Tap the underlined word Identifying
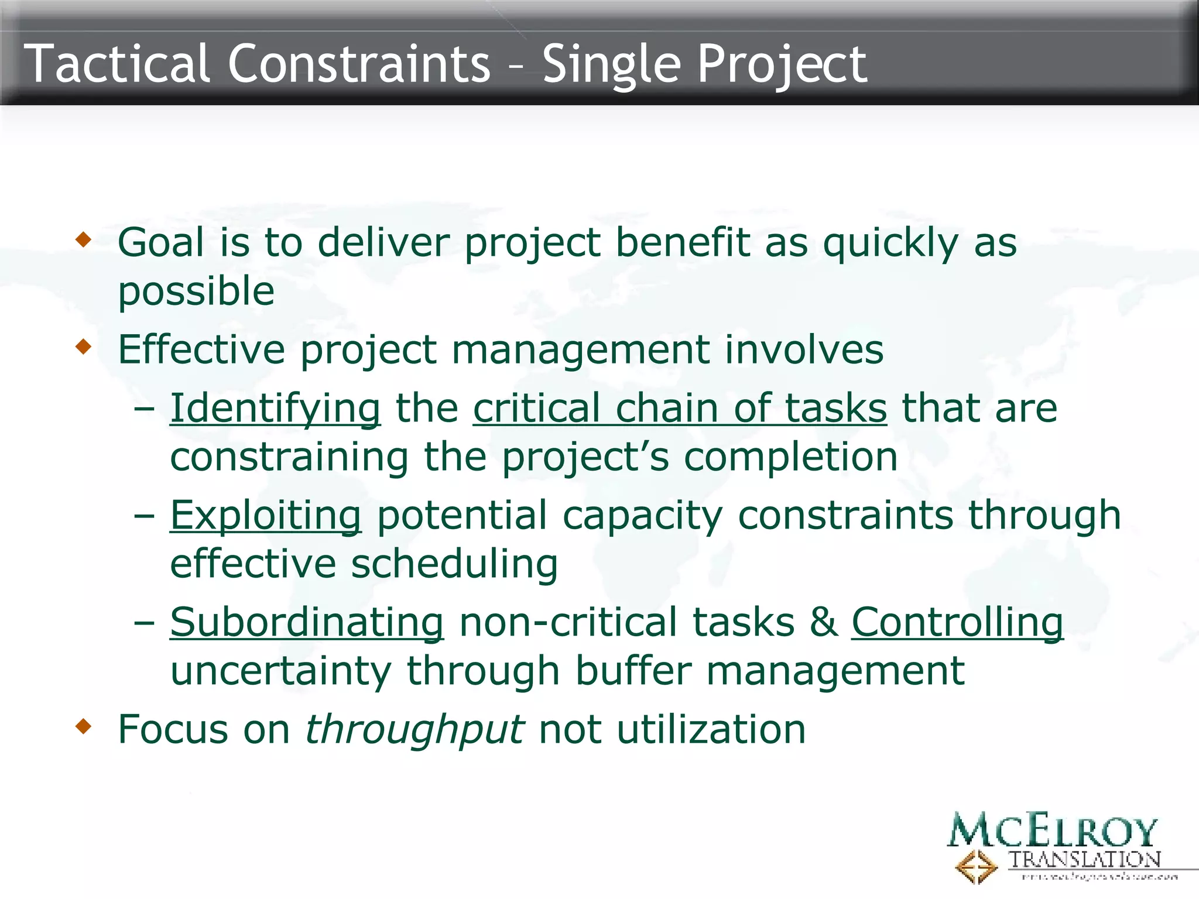click(275, 408)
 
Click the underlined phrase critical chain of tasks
click(680, 408)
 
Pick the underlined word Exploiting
click(265, 516)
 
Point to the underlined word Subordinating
click(307, 622)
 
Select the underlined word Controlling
click(957, 622)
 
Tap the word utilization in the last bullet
click(711, 729)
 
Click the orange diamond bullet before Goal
click(84, 239)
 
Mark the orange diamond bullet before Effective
click(84, 347)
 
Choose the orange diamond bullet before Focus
click(84, 727)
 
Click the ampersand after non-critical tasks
click(823, 622)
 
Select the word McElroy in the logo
click(1051, 830)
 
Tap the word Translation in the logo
click(1084, 859)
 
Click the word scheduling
click(454, 564)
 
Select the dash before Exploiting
click(144, 516)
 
